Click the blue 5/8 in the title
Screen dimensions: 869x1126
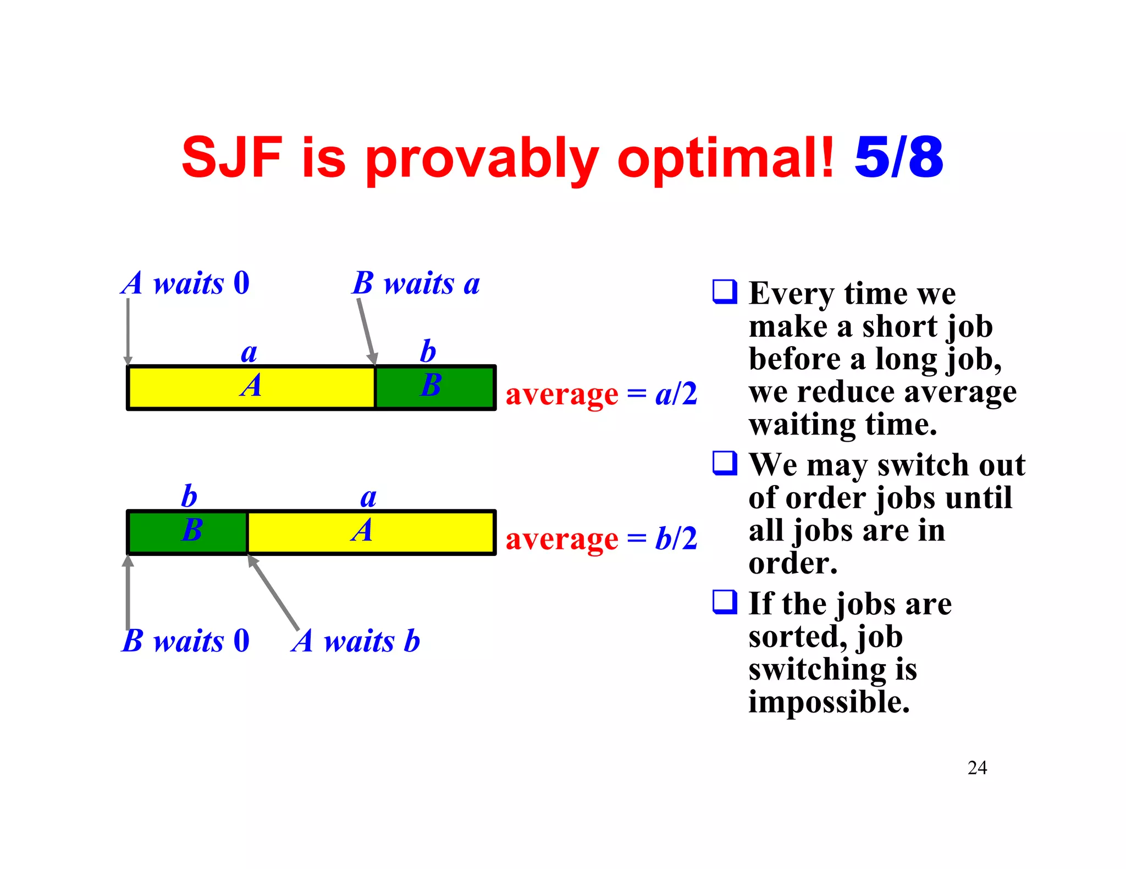(898, 158)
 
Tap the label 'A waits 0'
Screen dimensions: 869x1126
(186, 283)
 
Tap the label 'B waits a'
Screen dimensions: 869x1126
(416, 284)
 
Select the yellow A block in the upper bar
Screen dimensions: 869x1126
(251, 387)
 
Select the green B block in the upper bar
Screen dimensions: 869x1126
(434, 387)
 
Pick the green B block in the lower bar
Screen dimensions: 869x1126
(187, 532)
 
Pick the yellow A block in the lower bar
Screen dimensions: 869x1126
(371, 532)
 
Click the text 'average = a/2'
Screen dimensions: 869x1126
(601, 394)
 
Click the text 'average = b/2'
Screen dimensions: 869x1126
(601, 539)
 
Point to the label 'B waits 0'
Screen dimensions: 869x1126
(186, 641)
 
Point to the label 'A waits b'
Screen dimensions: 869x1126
(356, 641)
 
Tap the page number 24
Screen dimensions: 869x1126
(977, 768)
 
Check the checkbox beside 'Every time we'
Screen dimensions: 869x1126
(725, 291)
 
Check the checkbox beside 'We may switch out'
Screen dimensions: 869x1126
(725, 463)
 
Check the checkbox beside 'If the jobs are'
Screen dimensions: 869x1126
(725, 601)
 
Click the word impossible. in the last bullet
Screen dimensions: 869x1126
(829, 703)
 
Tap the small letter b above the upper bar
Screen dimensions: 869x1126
(428, 352)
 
